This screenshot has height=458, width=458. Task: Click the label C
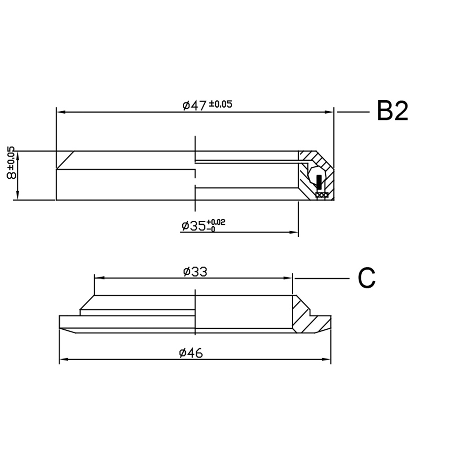pyautogui.click(x=366, y=278)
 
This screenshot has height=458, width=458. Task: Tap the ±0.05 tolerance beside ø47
pyautogui.click(x=221, y=104)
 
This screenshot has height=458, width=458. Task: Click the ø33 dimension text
pyautogui.click(x=195, y=272)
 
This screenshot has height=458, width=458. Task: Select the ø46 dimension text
pyautogui.click(x=191, y=353)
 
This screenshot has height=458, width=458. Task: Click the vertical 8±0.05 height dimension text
pyautogui.click(x=11, y=164)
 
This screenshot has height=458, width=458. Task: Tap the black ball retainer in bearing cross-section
pyautogui.click(x=319, y=182)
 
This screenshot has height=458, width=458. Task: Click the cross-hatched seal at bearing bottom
pyautogui.click(x=322, y=196)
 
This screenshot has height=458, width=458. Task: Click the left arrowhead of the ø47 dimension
pyautogui.click(x=60, y=112)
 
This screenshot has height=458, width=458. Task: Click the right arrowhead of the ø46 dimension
pyautogui.click(x=327, y=359)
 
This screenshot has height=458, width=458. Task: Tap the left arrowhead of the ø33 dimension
pyautogui.click(x=98, y=278)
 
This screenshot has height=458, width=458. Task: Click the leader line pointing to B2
pyautogui.click(x=353, y=111)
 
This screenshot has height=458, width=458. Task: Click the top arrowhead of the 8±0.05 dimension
pyautogui.click(x=17, y=154)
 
